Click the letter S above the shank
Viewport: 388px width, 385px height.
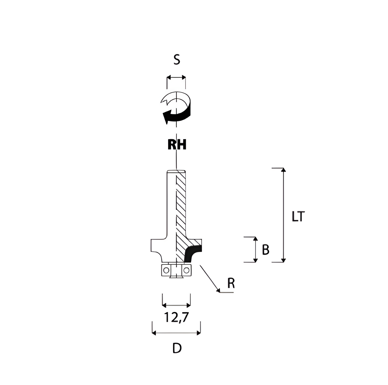[x=177, y=60]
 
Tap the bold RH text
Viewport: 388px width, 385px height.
[x=177, y=144]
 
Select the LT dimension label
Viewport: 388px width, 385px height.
[x=298, y=216]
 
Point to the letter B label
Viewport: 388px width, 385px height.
[x=266, y=250]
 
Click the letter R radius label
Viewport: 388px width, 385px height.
[x=231, y=283]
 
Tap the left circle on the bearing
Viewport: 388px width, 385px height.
[x=166, y=270]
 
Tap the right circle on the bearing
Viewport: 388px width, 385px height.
[x=186, y=270]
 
